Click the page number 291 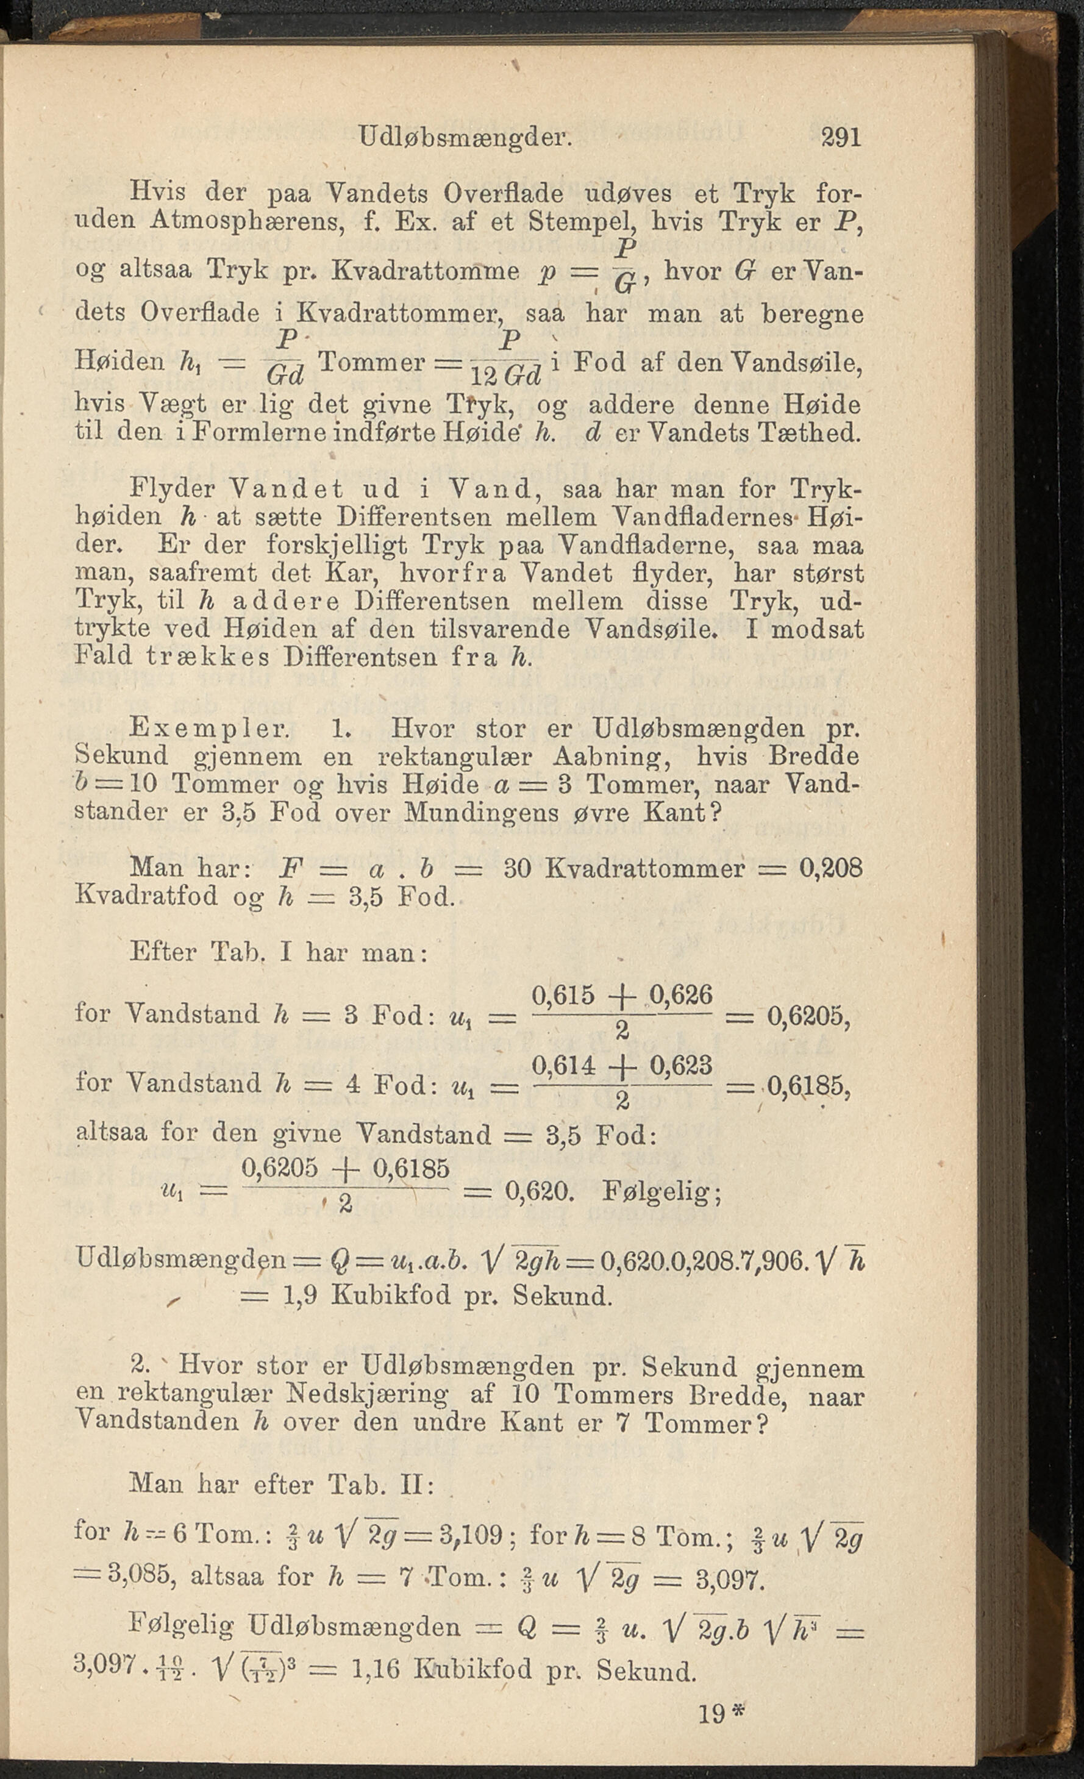(841, 137)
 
